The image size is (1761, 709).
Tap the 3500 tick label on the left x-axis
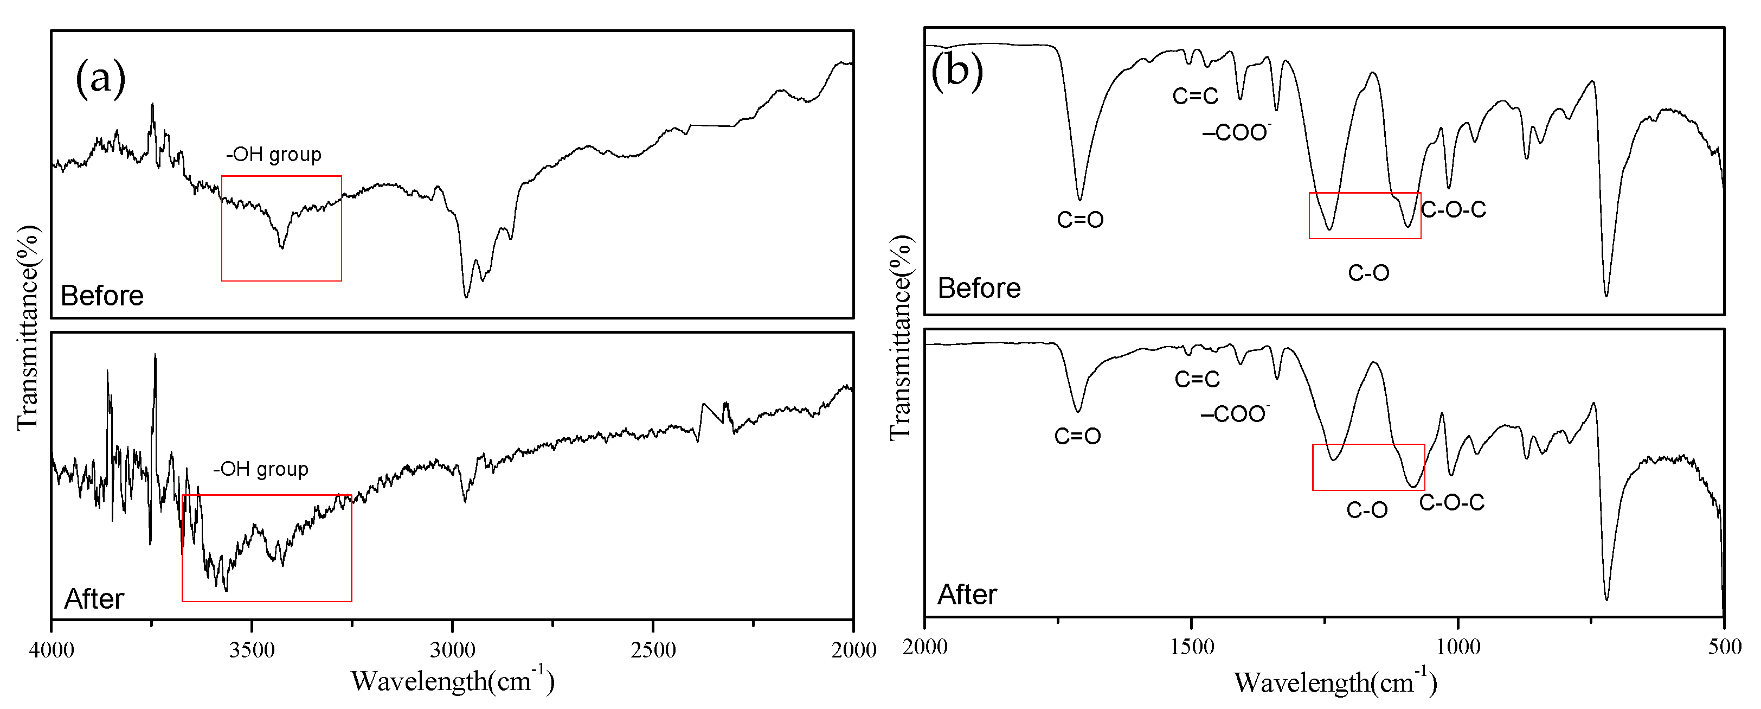(x=252, y=649)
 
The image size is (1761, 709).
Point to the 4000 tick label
(x=52, y=649)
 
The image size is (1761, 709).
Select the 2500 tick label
(x=653, y=649)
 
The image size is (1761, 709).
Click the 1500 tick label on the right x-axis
(x=1192, y=646)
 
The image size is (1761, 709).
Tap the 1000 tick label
(x=1457, y=646)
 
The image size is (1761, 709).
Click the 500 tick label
(x=1724, y=646)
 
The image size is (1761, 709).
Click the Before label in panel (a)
(x=102, y=295)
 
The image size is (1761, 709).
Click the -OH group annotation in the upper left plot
(x=273, y=155)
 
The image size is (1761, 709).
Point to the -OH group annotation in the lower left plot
(x=260, y=469)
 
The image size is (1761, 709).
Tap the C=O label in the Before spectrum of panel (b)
(x=1080, y=220)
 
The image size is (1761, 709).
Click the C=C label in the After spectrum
(x=1197, y=379)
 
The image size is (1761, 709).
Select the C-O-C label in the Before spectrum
(x=1454, y=209)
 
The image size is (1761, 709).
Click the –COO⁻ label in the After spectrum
(x=1235, y=414)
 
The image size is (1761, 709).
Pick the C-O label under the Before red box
(x=1368, y=273)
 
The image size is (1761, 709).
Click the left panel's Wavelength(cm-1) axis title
(x=453, y=680)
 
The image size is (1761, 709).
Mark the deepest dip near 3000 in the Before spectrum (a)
(x=466, y=296)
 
